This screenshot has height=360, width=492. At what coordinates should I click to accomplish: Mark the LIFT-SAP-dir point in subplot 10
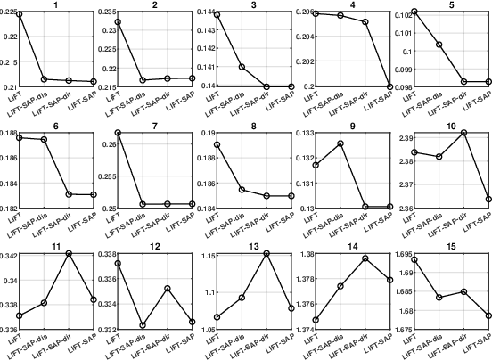tap(463, 133)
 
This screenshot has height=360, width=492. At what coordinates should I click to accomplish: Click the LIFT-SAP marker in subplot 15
tap(488, 315)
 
